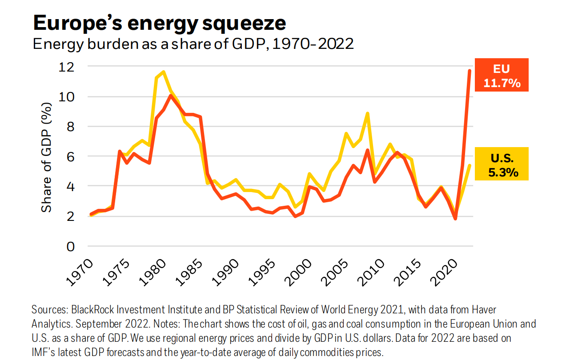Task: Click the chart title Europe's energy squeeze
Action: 159,23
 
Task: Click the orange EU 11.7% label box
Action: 501,75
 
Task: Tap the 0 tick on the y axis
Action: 71,246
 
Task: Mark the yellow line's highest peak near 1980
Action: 164,72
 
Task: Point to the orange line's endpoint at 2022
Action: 470,70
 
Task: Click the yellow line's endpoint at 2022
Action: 470,165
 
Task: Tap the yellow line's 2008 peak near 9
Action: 367,113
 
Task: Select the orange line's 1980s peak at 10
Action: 170,96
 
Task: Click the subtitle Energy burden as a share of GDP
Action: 193,44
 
